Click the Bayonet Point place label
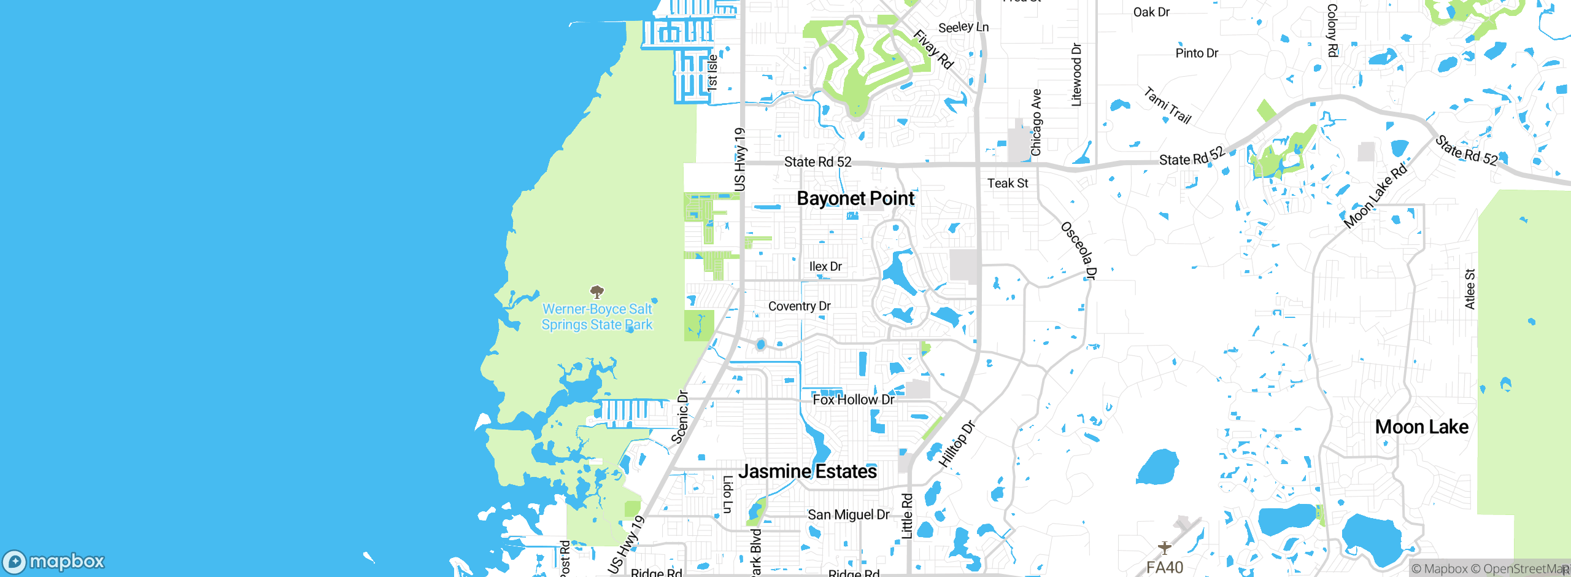(x=855, y=198)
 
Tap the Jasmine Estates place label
(x=808, y=471)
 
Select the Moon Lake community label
(x=1422, y=427)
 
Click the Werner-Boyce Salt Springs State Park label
(x=597, y=317)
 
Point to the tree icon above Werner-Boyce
(x=596, y=291)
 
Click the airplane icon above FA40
(x=1164, y=547)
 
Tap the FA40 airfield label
(x=1164, y=567)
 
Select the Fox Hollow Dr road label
(x=853, y=400)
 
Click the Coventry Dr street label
(x=799, y=306)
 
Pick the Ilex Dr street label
(x=825, y=266)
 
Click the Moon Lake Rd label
(x=1375, y=197)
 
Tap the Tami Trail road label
(x=1167, y=106)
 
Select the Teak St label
(x=1008, y=183)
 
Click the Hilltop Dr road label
(x=957, y=444)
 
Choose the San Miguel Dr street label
(x=848, y=514)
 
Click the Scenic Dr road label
(x=680, y=417)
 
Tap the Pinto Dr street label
(x=1197, y=53)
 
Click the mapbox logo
(x=54, y=561)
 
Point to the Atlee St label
(x=1470, y=288)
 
